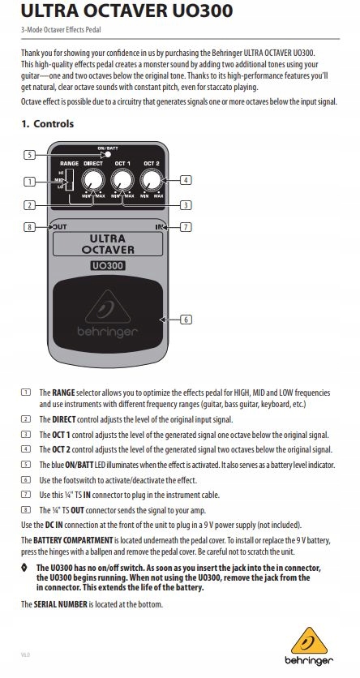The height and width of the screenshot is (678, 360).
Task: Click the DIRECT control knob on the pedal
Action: coord(93,181)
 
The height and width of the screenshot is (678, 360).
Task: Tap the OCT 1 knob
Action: coord(122,181)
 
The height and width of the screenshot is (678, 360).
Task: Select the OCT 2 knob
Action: coord(152,181)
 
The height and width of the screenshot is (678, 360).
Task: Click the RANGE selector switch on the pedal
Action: coord(71,180)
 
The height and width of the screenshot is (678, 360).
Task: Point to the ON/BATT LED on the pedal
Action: coord(107,154)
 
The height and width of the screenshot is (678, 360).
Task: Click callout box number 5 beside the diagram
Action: coord(28,154)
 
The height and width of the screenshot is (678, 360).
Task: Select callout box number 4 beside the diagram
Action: coord(186,180)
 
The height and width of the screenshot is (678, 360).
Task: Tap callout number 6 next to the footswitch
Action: coord(186,320)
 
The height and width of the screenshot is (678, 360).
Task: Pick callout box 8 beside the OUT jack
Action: coord(29,228)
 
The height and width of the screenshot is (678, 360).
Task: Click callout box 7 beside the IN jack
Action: coord(186,228)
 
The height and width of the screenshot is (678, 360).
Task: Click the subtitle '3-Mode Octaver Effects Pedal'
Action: coord(54,30)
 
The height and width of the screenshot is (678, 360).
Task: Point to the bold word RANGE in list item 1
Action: coord(62,392)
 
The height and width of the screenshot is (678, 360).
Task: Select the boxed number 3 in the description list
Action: coord(25,435)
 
